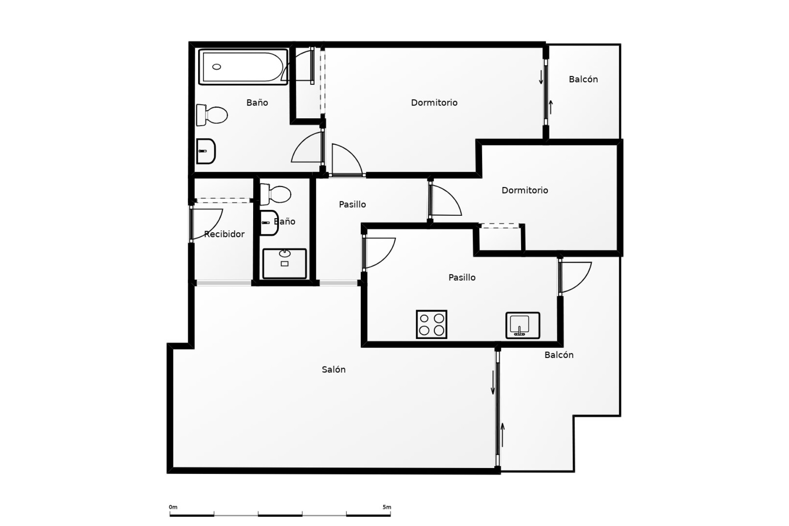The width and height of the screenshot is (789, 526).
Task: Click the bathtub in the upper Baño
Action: click(243, 67)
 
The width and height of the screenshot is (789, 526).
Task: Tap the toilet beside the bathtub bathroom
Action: click(212, 115)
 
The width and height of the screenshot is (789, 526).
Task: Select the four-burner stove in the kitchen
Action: click(431, 324)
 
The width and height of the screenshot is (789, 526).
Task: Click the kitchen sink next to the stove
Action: click(522, 325)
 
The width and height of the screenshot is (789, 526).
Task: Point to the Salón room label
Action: click(333, 369)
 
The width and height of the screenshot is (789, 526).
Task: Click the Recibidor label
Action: click(224, 234)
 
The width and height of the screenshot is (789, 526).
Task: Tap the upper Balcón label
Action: click(583, 79)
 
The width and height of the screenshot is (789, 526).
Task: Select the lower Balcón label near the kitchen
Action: click(558, 355)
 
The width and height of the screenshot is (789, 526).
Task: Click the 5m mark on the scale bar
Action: click(386, 507)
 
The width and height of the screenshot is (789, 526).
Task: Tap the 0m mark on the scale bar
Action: click(173, 507)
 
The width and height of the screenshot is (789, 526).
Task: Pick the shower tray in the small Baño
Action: click(284, 263)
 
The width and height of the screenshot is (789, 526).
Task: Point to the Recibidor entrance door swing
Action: click(208, 224)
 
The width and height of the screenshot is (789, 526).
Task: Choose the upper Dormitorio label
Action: click(434, 103)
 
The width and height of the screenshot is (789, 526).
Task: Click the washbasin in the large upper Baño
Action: click(205, 151)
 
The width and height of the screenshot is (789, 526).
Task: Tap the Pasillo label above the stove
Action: click(461, 277)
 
